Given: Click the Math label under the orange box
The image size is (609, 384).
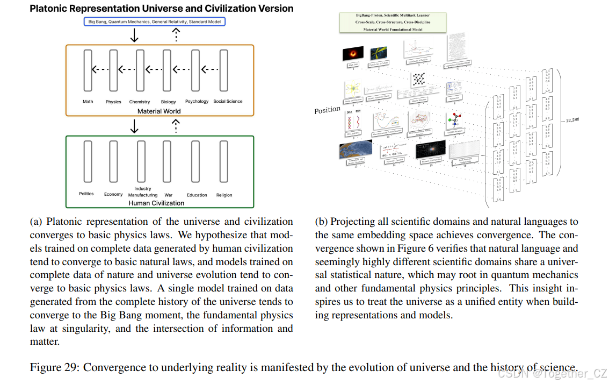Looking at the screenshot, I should click(88, 102).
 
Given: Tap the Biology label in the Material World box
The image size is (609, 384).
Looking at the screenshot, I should click(168, 102).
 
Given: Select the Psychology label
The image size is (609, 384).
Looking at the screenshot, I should click(197, 101).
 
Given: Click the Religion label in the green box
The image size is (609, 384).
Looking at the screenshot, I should click(224, 195).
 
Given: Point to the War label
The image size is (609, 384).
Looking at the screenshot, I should click(169, 195).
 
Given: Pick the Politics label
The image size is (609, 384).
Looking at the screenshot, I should click(86, 194).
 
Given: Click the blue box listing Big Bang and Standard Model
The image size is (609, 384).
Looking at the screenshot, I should click(155, 22).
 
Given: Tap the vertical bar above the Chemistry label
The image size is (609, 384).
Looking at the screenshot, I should click(140, 70).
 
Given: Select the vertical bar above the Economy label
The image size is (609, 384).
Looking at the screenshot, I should click(113, 161).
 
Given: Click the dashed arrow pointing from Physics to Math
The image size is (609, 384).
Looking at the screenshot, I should click(100, 69).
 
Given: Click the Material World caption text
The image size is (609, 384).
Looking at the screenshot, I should click(159, 111).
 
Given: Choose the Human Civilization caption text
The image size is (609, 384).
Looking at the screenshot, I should click(156, 203).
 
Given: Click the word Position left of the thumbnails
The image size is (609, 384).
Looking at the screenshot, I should click(327, 110).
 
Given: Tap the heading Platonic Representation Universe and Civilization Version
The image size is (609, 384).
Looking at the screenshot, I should click(162, 9).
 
